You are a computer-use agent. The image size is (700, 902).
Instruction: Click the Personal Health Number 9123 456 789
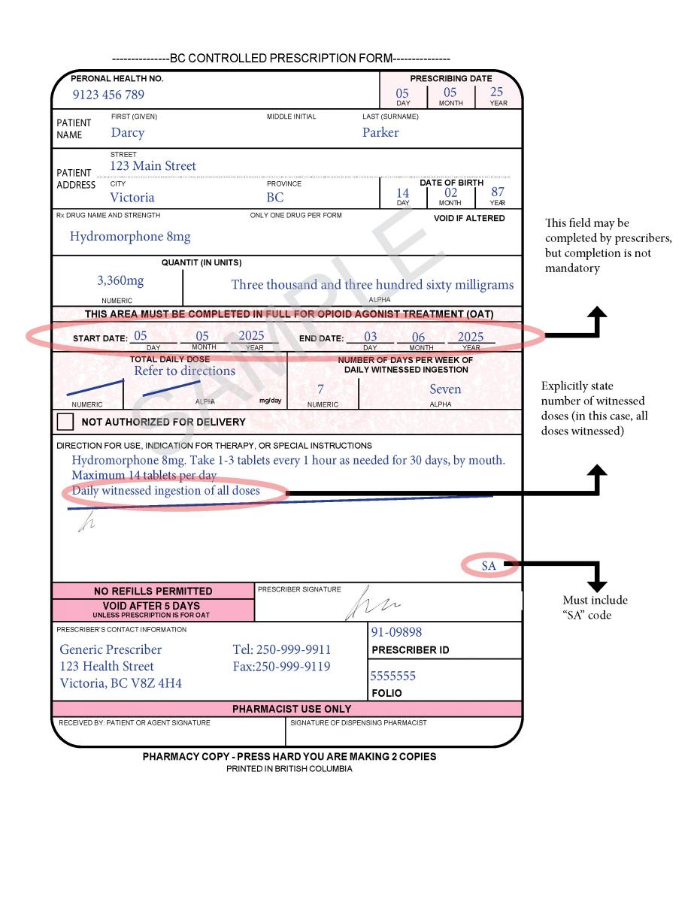click(108, 95)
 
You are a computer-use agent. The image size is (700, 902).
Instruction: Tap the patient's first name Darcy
click(127, 133)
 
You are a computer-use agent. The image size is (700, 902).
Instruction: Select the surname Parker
click(380, 133)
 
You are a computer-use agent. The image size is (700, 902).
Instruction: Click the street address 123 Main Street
click(153, 166)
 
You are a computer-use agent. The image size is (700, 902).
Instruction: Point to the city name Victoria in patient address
click(132, 198)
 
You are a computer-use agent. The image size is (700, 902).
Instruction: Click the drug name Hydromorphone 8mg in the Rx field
click(130, 237)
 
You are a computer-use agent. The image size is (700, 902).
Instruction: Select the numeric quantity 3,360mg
click(120, 281)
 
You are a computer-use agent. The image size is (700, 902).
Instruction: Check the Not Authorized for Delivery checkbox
click(65, 422)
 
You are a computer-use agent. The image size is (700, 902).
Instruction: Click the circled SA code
click(489, 566)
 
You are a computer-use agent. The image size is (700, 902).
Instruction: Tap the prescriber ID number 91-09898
click(396, 633)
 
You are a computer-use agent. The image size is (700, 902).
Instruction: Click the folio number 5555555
click(392, 676)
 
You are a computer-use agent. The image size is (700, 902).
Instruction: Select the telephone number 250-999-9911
click(282, 649)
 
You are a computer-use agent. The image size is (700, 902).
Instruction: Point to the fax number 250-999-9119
click(282, 667)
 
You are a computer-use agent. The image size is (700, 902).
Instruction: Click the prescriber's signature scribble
click(371, 604)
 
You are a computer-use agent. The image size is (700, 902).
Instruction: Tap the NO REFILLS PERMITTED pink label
click(153, 591)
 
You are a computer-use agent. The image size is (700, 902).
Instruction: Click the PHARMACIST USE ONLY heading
click(291, 709)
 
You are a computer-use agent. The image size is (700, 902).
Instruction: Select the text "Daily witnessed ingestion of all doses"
click(165, 492)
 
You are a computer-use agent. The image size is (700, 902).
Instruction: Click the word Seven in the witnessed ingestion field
click(445, 389)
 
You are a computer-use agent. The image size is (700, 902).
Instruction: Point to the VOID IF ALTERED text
click(469, 219)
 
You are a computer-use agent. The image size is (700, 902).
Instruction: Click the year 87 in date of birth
click(498, 193)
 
